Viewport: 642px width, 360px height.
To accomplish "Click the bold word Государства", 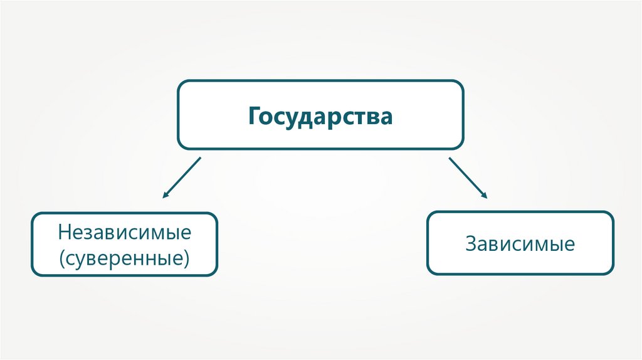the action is click(320, 116).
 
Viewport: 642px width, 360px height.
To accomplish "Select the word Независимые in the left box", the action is click(125, 233).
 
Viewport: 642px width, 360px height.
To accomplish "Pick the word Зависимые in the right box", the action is click(520, 243).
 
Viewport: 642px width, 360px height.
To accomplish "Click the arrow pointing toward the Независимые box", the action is click(181, 177).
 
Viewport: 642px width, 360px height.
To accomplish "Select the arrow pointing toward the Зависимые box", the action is click(468, 177).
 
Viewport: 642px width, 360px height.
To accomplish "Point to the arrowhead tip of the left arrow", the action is click(163, 198).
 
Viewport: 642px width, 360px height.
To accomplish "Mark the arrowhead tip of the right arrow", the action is click(487, 198).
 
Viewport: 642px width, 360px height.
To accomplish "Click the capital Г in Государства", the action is click(253, 116).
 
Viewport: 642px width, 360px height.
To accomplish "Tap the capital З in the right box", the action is click(471, 243).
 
